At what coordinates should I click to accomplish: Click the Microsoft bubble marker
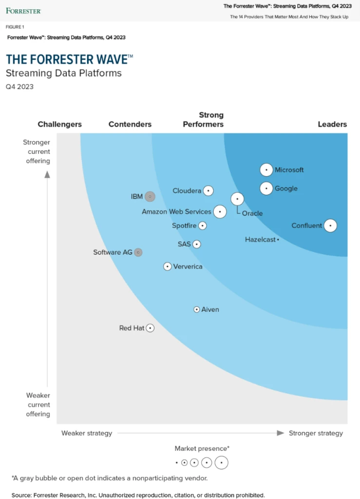[266, 170]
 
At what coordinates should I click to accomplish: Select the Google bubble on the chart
[266, 188]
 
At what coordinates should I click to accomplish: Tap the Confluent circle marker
[330, 225]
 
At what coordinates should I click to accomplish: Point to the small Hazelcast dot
[278, 239]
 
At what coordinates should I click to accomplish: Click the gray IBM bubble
[150, 197]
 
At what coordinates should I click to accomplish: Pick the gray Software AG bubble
[138, 252]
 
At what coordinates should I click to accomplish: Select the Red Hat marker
[150, 328]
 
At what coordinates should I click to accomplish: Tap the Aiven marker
[197, 309]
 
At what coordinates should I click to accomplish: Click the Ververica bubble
[167, 267]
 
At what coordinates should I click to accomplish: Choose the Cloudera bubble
[208, 191]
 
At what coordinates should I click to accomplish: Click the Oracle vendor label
[252, 213]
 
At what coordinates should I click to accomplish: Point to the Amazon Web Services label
[176, 211]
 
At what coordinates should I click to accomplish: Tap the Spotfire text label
[184, 226]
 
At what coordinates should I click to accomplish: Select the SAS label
[184, 244]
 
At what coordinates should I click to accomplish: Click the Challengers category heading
[59, 124]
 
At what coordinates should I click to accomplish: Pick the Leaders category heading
[332, 124]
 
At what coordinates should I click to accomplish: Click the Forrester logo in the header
[23, 11]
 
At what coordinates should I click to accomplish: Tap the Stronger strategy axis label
[316, 433]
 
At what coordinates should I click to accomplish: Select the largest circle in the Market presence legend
[221, 462]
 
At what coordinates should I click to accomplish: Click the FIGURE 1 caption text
[15, 27]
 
